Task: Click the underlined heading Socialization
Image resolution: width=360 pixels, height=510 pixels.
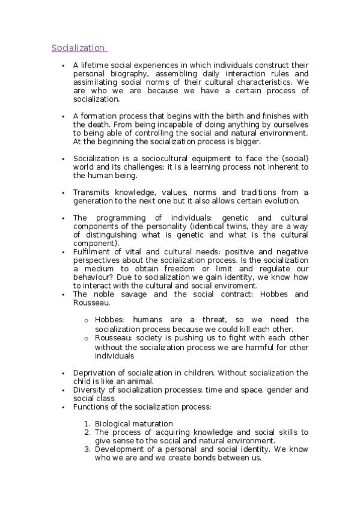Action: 78,48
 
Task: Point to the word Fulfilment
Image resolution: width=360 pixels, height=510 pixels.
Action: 93,252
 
